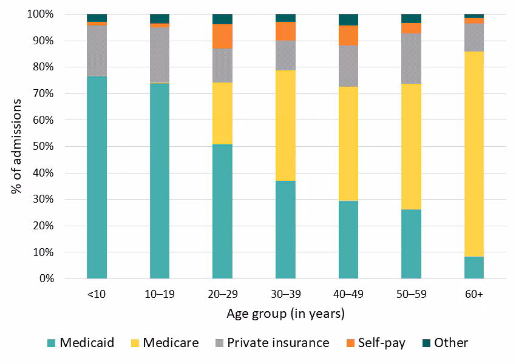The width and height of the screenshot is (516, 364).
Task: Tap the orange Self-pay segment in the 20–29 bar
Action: coord(222,36)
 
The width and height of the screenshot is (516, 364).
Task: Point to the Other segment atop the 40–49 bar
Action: coord(348,19)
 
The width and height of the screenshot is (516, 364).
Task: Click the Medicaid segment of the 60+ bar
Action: coord(474,268)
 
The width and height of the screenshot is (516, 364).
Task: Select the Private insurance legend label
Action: coord(278,343)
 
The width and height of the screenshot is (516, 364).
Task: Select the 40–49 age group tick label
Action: coord(348,294)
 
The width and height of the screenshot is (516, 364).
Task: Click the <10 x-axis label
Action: coord(97,294)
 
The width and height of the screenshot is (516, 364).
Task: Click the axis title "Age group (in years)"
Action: coord(285,314)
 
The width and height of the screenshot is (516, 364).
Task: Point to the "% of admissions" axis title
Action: coord(16,146)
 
